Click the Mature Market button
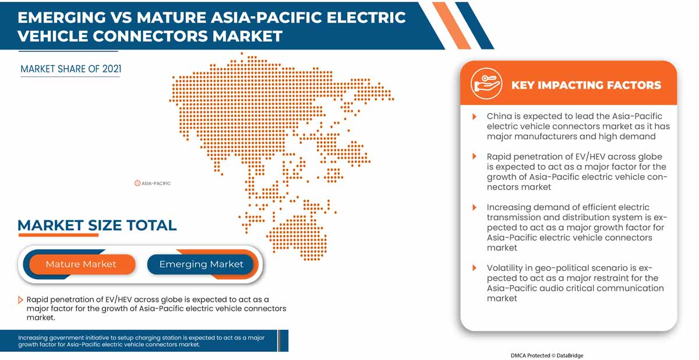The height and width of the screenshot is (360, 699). tap(81, 264)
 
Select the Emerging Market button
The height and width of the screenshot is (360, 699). tap(201, 264)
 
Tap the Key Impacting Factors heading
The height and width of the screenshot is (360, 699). tap(586, 85)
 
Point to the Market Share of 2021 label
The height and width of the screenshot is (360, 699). tap(71, 69)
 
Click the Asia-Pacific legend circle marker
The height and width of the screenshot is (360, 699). tap(137, 183)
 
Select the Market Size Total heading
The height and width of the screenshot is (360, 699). tap(97, 225)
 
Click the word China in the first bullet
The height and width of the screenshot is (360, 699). tap(499, 117)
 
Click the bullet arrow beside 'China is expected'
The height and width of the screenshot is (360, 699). tap(475, 117)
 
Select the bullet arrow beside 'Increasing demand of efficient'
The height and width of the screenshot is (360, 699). tap(475, 207)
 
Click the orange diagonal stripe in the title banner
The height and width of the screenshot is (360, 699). tap(451, 24)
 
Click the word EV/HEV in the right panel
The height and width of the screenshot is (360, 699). tap(574, 157)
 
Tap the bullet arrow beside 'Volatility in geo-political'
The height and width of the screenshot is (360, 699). tap(475, 268)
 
